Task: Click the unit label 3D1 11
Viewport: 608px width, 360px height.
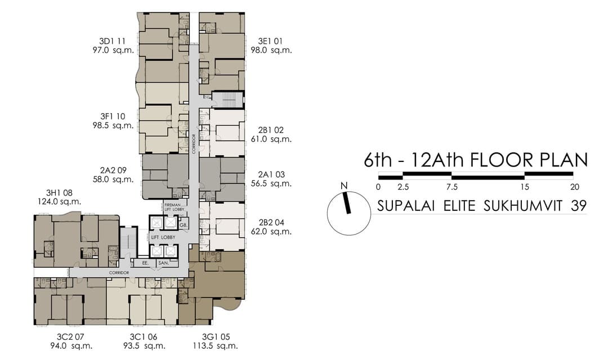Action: click(114, 41)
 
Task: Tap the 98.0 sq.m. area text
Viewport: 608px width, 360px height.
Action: click(271, 50)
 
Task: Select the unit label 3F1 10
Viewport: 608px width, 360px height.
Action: click(114, 116)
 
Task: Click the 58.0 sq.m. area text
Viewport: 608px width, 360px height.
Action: click(114, 179)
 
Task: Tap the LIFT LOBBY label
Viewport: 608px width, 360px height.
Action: click(163, 237)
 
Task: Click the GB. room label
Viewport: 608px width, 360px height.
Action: click(183, 225)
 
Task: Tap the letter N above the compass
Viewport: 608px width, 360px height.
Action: click(344, 186)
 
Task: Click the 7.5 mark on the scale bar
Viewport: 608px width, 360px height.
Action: click(451, 187)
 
